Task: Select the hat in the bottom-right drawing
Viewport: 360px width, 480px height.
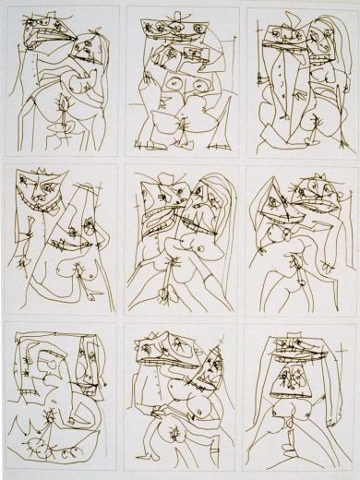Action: point(299,345)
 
